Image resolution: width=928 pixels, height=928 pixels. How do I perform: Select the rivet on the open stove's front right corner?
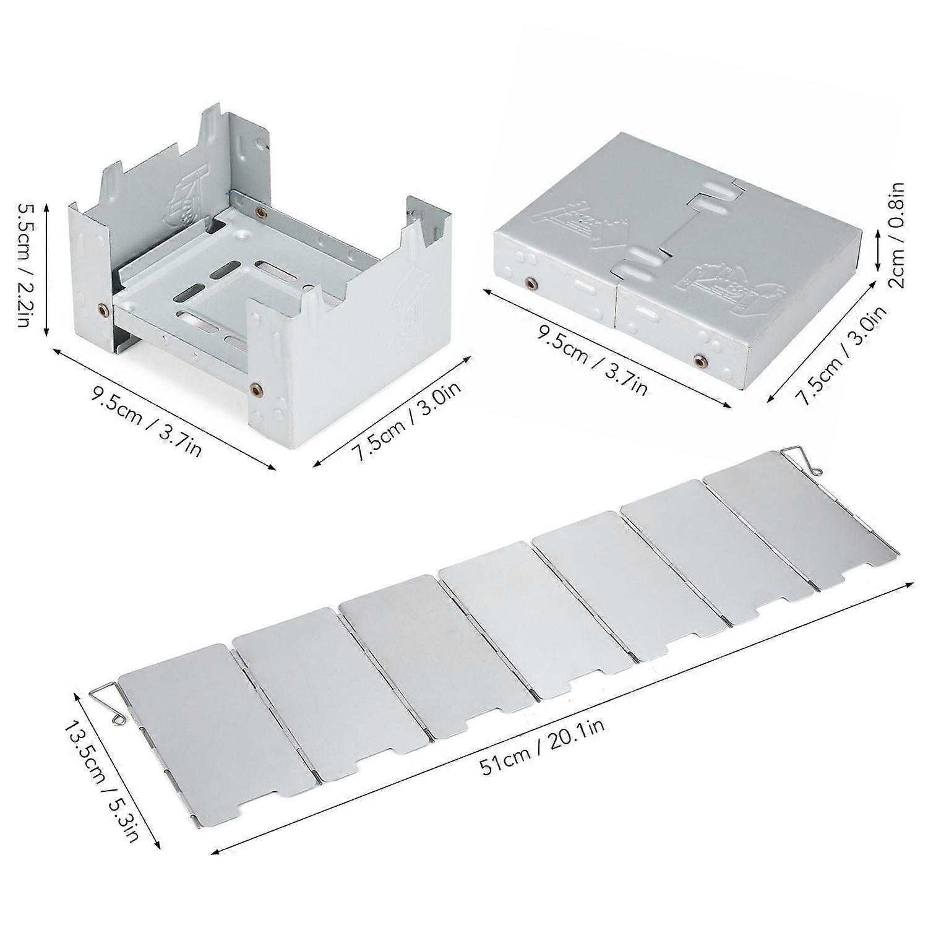pos(256,389)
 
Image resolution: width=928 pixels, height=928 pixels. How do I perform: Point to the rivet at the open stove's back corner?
pos(260,212)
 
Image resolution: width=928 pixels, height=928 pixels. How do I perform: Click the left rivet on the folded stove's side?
pos(530,283)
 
